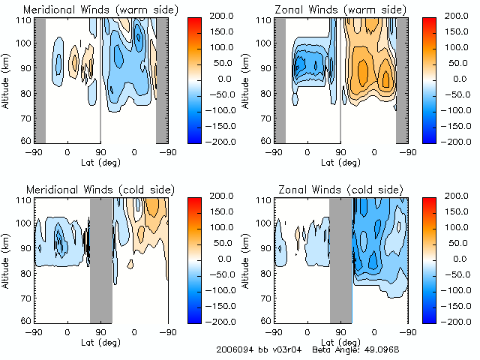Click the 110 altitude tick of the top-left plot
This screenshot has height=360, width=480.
tap(25, 19)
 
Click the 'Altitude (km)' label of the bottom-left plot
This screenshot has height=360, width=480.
tap(7, 257)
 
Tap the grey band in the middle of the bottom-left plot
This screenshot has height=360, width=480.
tap(101, 259)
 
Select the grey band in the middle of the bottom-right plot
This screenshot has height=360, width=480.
tap(341, 259)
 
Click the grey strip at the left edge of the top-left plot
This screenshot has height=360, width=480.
tap(40, 79)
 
